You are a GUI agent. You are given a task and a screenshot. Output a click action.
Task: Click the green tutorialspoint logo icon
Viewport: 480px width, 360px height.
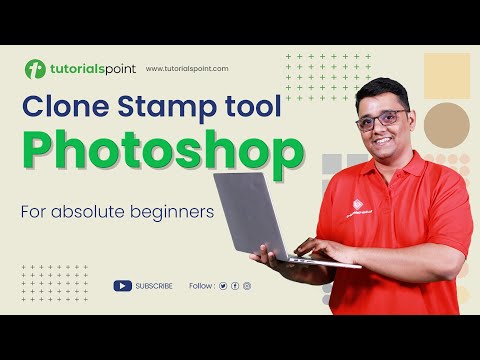[x=35, y=68]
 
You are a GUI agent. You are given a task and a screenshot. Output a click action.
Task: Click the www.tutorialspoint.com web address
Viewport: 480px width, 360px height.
[x=187, y=69]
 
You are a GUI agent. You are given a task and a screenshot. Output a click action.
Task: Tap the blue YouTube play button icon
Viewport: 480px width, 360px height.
[x=122, y=286]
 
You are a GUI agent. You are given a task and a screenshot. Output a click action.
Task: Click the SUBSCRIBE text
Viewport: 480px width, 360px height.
[x=154, y=286]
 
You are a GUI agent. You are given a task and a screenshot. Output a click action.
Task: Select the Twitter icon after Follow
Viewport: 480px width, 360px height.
[x=223, y=286]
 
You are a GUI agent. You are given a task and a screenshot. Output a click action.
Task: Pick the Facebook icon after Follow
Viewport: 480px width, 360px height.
[x=235, y=286]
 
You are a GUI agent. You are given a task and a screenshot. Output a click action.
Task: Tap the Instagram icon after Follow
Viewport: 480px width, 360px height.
[x=247, y=286]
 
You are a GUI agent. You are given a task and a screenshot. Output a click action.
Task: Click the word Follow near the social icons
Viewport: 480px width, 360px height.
[x=200, y=286]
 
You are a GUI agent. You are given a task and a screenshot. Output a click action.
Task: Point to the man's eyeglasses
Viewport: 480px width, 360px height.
[x=381, y=119]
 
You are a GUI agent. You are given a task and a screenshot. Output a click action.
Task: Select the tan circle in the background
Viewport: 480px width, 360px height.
[x=446, y=124]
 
